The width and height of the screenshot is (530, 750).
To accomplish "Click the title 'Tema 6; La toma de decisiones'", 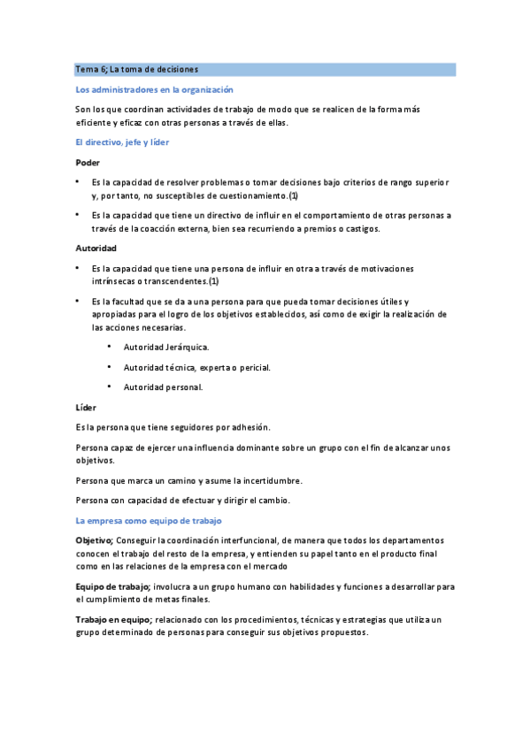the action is pos(136,69).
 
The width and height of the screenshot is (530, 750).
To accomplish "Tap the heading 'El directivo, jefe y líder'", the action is pos(122,142).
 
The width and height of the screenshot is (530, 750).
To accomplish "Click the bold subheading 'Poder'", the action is pos(88,162).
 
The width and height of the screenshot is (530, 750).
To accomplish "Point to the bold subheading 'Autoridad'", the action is pos(96,248).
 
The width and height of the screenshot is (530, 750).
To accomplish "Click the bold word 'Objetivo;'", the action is pos(95,540).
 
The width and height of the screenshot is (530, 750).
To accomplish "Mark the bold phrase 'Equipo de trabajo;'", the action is pos(113,586).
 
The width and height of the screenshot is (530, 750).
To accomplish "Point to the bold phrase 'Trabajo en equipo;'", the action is pos(114,620).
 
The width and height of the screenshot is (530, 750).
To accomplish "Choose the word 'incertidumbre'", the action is pos(269,480).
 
